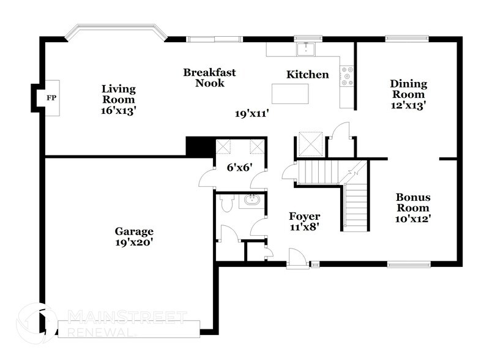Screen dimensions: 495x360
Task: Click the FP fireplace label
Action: click(x=51, y=98)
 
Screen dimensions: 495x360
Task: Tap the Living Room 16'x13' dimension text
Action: click(x=118, y=111)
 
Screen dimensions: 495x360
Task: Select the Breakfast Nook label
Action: click(x=209, y=78)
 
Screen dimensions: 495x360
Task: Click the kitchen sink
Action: click(x=305, y=49)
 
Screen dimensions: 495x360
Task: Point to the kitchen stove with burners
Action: click(x=347, y=76)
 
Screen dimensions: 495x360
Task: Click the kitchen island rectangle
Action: click(x=290, y=94)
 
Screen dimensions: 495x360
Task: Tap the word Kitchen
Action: click(x=308, y=75)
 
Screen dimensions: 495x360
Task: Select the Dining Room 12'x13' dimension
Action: click(x=409, y=105)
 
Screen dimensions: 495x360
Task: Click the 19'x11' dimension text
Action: click(x=251, y=114)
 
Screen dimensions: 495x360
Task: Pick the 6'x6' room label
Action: click(x=239, y=167)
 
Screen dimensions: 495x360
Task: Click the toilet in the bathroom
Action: click(x=226, y=203)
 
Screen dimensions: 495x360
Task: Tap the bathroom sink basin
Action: click(x=251, y=200)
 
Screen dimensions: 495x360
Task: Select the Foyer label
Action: click(x=304, y=216)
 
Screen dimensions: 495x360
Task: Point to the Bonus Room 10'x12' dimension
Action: click(x=413, y=219)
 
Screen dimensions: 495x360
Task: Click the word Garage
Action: click(x=134, y=231)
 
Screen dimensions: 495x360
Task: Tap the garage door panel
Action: click(x=129, y=329)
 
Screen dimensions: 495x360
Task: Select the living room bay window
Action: click(x=116, y=32)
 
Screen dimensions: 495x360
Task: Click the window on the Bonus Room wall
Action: click(x=409, y=264)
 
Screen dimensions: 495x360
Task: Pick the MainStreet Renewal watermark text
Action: click(x=127, y=323)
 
